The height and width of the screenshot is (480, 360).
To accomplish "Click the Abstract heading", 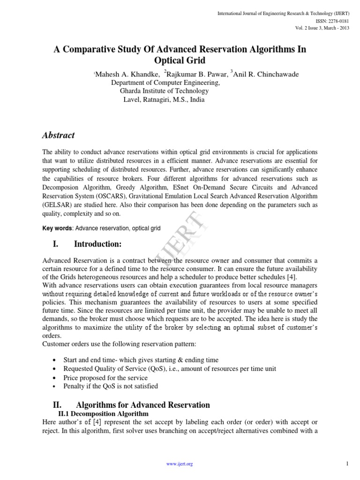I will [59, 135].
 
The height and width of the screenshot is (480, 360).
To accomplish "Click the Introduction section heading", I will [97, 244].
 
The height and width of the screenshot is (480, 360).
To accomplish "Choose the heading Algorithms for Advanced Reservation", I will [143, 405].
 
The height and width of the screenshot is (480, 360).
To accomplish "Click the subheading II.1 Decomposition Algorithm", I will [103, 414].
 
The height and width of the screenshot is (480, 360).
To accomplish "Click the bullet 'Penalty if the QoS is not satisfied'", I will [111, 386].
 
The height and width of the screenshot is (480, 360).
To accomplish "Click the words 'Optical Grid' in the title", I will [180, 60].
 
